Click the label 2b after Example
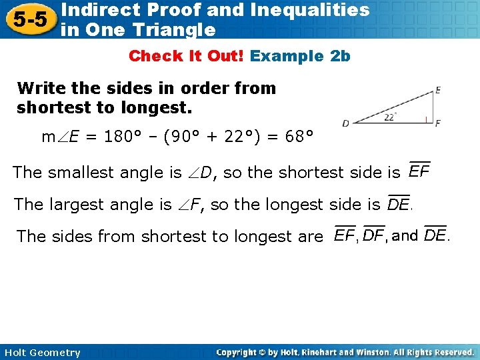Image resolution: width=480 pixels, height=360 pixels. pos(340,56)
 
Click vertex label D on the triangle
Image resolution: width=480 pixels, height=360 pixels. pos(345,123)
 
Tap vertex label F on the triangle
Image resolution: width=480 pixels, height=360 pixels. pos(438,123)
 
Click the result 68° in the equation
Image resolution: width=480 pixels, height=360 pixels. pos(297,138)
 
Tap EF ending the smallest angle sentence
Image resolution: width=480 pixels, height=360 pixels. pos(419,172)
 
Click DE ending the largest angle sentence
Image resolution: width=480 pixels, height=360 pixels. pos(399,205)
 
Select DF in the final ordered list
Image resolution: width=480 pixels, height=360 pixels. pos(374,236)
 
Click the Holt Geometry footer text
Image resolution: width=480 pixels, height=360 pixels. pos(41,353)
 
